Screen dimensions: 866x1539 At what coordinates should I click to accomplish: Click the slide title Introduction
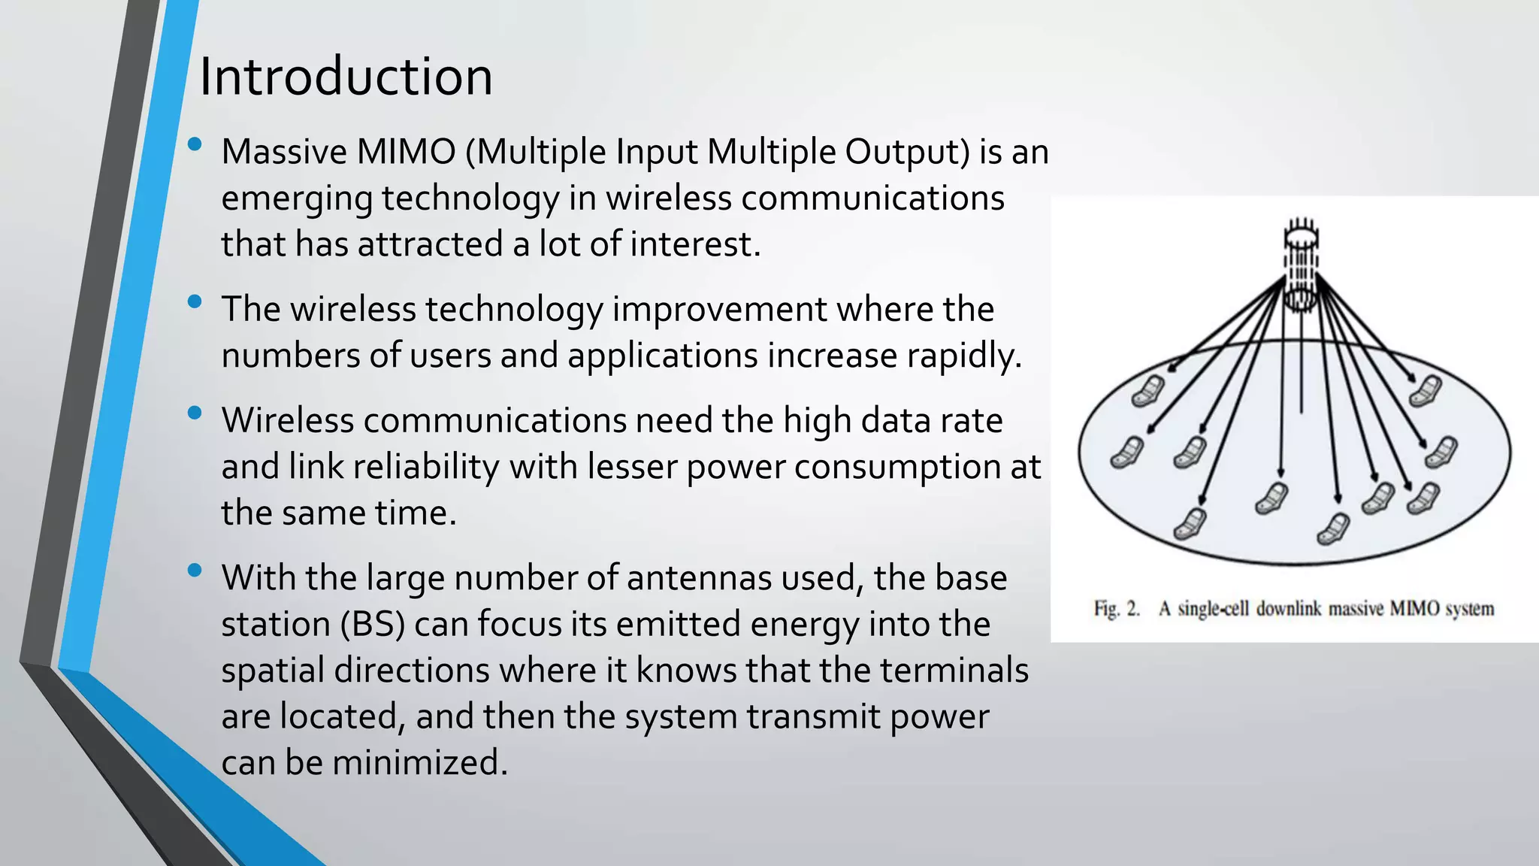(346, 77)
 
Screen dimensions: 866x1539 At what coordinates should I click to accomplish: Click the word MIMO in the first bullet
(407, 152)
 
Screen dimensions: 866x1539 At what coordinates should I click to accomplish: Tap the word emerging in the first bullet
(297, 199)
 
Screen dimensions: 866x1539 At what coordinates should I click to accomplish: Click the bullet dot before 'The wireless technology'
(195, 302)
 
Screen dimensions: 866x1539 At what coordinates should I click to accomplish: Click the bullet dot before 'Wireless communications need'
(195, 413)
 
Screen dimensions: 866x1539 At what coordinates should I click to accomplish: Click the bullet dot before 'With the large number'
(195, 571)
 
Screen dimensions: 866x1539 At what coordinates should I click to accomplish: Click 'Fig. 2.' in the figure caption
(1117, 609)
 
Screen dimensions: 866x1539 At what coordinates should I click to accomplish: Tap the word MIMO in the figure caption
(1414, 609)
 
